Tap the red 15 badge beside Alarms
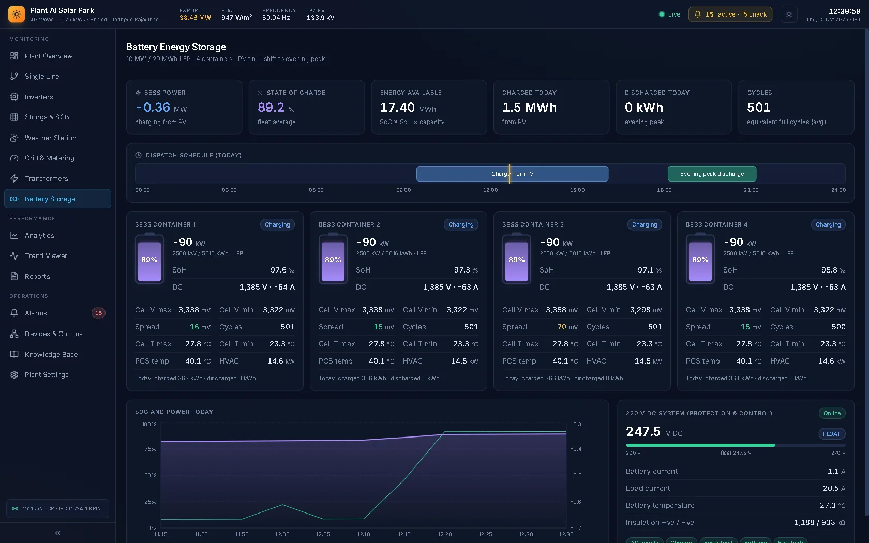click(98, 313)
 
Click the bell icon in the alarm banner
click(697, 14)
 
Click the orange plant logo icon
click(17, 14)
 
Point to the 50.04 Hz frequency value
click(276, 18)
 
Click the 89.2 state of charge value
click(271, 107)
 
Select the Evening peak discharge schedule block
click(712, 174)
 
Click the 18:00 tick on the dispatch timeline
click(664, 190)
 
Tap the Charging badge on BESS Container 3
click(645, 224)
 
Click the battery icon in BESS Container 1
click(149, 259)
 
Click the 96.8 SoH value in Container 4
click(833, 270)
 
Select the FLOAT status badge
click(831, 434)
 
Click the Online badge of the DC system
click(832, 414)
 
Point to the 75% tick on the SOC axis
click(150, 449)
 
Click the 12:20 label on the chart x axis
click(445, 534)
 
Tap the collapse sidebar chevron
click(58, 533)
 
